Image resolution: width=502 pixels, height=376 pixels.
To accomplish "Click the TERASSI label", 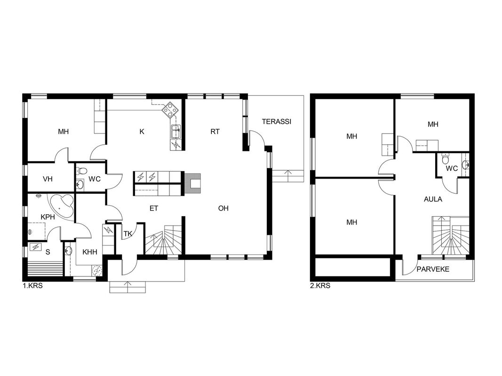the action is coord(276,122).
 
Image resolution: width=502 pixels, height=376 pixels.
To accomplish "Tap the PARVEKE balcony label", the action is coord(433,269).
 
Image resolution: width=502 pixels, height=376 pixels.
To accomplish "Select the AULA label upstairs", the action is coord(433,199).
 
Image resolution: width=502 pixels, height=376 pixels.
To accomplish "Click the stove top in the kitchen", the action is coord(170,110).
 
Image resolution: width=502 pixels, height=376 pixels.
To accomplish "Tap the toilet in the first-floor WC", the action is coord(82,171).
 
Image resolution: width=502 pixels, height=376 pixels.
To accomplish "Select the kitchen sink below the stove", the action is coord(175,132).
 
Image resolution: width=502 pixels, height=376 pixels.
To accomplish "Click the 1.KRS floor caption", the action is coord(32,285).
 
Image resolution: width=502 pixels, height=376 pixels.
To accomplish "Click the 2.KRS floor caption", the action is coord(320,285).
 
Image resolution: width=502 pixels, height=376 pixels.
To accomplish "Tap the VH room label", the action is coord(48,179).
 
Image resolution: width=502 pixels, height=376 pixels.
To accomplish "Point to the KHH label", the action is coord(90,252).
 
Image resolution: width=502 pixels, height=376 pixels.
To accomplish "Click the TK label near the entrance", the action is coord(128,234).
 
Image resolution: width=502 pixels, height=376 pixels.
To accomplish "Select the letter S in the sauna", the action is coord(48,252).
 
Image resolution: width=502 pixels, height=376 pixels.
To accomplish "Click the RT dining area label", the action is coord(215,132).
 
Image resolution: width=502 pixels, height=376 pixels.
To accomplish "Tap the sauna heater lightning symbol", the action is coord(36,247).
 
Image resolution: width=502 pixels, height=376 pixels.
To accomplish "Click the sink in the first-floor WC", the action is coord(80,184).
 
